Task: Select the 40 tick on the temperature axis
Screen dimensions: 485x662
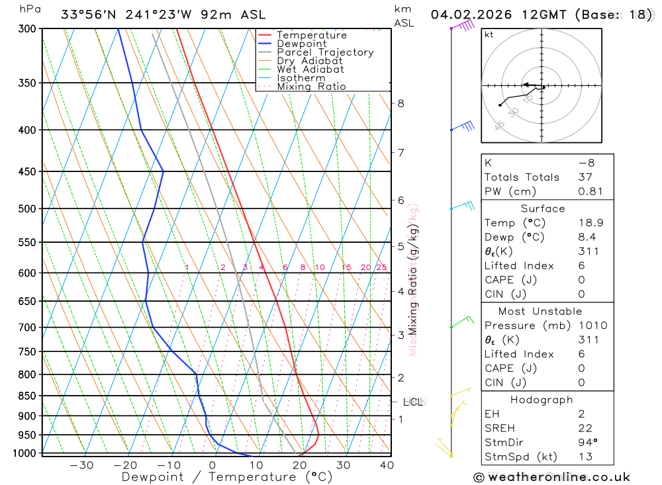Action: click(x=387, y=465)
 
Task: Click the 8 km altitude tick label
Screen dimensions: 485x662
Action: click(x=401, y=103)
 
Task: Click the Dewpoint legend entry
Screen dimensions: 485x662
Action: click(x=302, y=44)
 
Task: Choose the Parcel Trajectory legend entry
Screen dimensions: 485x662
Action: click(x=325, y=52)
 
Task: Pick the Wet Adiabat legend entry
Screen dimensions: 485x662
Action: click(x=310, y=69)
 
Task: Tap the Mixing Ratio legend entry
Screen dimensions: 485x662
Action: click(x=311, y=87)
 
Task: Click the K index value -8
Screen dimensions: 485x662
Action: click(x=586, y=163)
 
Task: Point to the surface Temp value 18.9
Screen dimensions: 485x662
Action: click(x=591, y=223)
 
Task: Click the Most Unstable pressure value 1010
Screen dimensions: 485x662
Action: click(x=592, y=326)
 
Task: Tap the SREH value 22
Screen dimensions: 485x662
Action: click(x=585, y=428)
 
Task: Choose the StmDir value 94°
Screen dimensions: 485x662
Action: click(x=588, y=443)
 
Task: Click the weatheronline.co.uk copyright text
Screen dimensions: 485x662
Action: click(x=551, y=477)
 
